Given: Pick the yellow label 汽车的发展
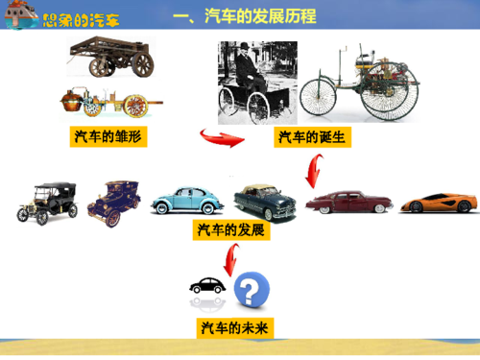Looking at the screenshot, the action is pyautogui.click(x=231, y=230).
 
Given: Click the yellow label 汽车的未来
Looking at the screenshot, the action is pyautogui.click(x=236, y=328).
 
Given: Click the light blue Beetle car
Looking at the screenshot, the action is pyautogui.click(x=187, y=199).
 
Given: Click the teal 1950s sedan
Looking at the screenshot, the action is pyautogui.click(x=265, y=200).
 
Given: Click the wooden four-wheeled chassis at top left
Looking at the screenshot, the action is pyautogui.click(x=113, y=56).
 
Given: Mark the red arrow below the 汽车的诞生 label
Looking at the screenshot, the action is pyautogui.click(x=312, y=171).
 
